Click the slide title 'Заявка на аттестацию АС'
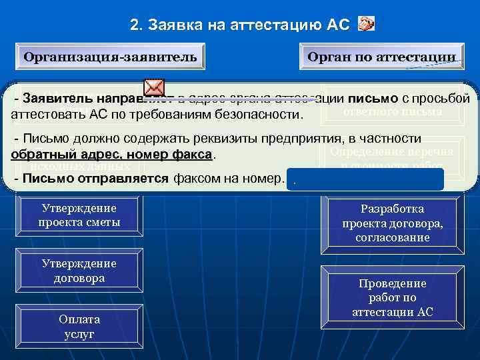[248, 25]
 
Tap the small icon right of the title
[366, 25]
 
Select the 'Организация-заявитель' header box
[110, 57]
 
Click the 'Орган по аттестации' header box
[381, 57]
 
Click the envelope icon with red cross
[154, 87]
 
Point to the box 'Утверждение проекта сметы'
[79, 215]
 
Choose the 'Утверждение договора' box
[79, 271]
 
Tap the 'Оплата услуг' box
[79, 327]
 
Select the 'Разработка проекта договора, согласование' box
[393, 223]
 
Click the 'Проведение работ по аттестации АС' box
[393, 298]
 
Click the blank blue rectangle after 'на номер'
[365, 179]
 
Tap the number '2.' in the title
[137, 25]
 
